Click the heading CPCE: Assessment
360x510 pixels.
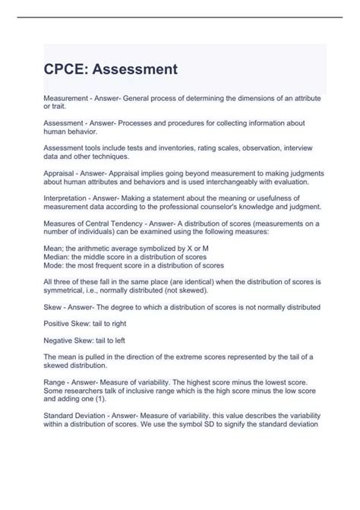pos(110,70)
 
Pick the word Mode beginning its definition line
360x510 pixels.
pos(54,265)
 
